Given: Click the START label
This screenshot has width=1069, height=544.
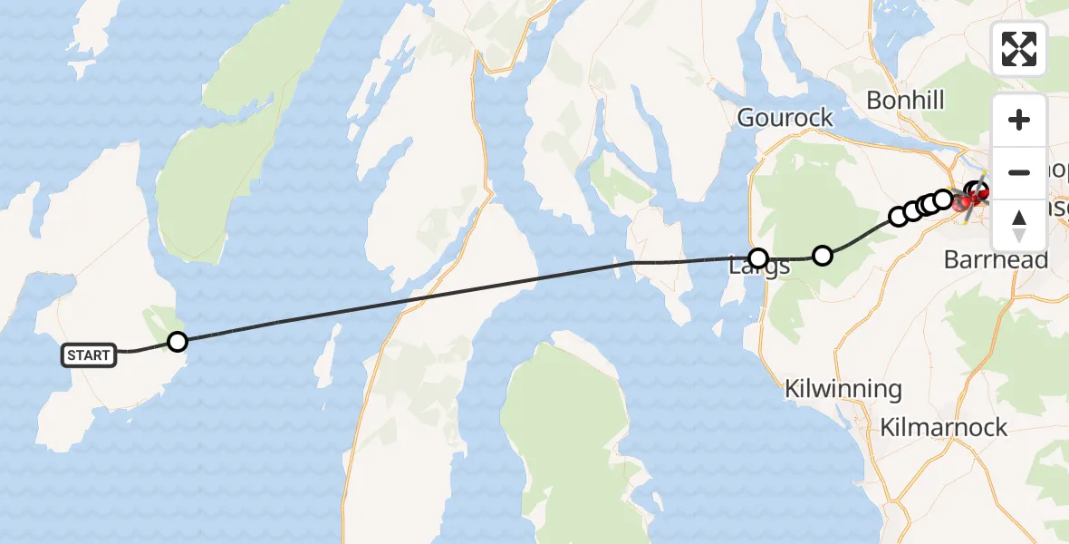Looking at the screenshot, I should pyautogui.click(x=89, y=355).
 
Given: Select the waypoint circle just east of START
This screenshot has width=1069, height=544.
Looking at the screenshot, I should pyautogui.click(x=178, y=342).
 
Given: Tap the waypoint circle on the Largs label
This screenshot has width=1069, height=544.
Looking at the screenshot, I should pyautogui.click(x=757, y=258).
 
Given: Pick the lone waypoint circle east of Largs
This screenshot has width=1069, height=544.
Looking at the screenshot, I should pyautogui.click(x=822, y=256).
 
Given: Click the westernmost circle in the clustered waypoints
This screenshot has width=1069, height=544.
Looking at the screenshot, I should pyautogui.click(x=898, y=217).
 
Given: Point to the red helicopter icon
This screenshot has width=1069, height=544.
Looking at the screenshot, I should pyautogui.click(x=978, y=192).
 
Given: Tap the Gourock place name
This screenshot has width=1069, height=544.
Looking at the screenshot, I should pyautogui.click(x=785, y=118).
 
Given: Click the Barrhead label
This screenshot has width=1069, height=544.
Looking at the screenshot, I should pyautogui.click(x=996, y=260).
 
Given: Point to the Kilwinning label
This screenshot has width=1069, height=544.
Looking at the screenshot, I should pyautogui.click(x=843, y=390).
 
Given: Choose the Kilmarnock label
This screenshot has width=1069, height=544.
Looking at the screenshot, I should pyautogui.click(x=943, y=427).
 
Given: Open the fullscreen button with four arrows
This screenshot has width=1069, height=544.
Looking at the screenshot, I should pyautogui.click(x=1019, y=48).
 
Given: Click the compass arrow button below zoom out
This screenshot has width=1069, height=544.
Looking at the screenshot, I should pyautogui.click(x=1019, y=225).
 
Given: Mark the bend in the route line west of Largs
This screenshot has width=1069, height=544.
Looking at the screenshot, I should pyautogui.click(x=633, y=262).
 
